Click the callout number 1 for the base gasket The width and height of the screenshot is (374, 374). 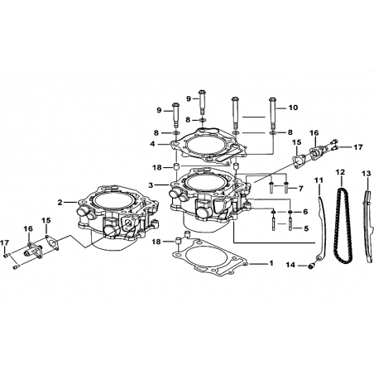tap(271, 263)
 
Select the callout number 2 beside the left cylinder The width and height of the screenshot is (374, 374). tap(60, 203)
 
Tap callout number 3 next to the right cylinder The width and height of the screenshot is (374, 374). tap(151, 185)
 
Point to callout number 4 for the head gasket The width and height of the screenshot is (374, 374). tap(152, 144)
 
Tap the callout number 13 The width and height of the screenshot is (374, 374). tap(367, 174)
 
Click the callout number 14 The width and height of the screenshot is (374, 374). tap(290, 265)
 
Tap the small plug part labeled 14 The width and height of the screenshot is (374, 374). tap(310, 266)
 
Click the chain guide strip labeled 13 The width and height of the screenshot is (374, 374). tap(368, 226)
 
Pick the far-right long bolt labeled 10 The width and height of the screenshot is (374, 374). tap(272, 113)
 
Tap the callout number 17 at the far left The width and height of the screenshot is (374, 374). tap(4, 243)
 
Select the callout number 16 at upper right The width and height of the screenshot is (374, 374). tap(314, 133)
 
